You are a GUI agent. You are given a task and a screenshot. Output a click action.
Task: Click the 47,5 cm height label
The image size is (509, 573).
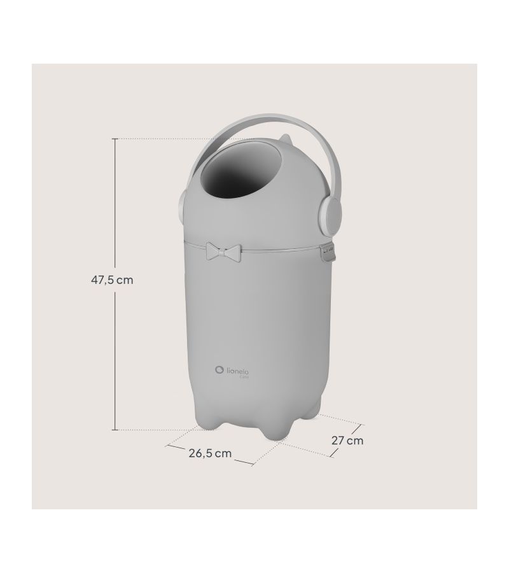[112, 280]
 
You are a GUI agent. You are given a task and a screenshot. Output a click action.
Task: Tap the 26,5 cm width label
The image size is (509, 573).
[210, 453]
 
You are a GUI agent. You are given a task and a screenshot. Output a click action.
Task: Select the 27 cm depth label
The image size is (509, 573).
[347, 441]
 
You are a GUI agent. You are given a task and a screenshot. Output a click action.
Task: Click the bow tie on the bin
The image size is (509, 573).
[225, 252]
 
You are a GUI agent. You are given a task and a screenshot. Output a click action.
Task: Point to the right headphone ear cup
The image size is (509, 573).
[330, 218]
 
